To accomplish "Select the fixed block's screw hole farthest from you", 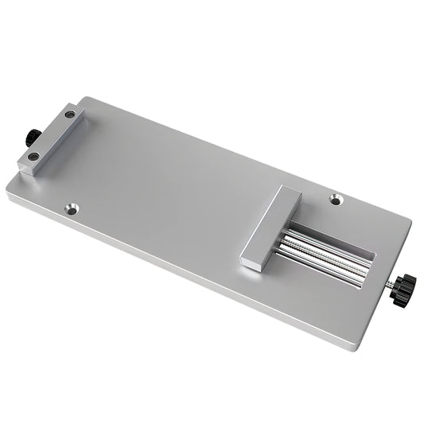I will tap(71, 115).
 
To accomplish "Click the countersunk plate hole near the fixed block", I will tap(72, 209).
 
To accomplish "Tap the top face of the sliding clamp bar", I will tap(269, 224).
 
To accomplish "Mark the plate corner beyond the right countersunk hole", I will tap(410, 217).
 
